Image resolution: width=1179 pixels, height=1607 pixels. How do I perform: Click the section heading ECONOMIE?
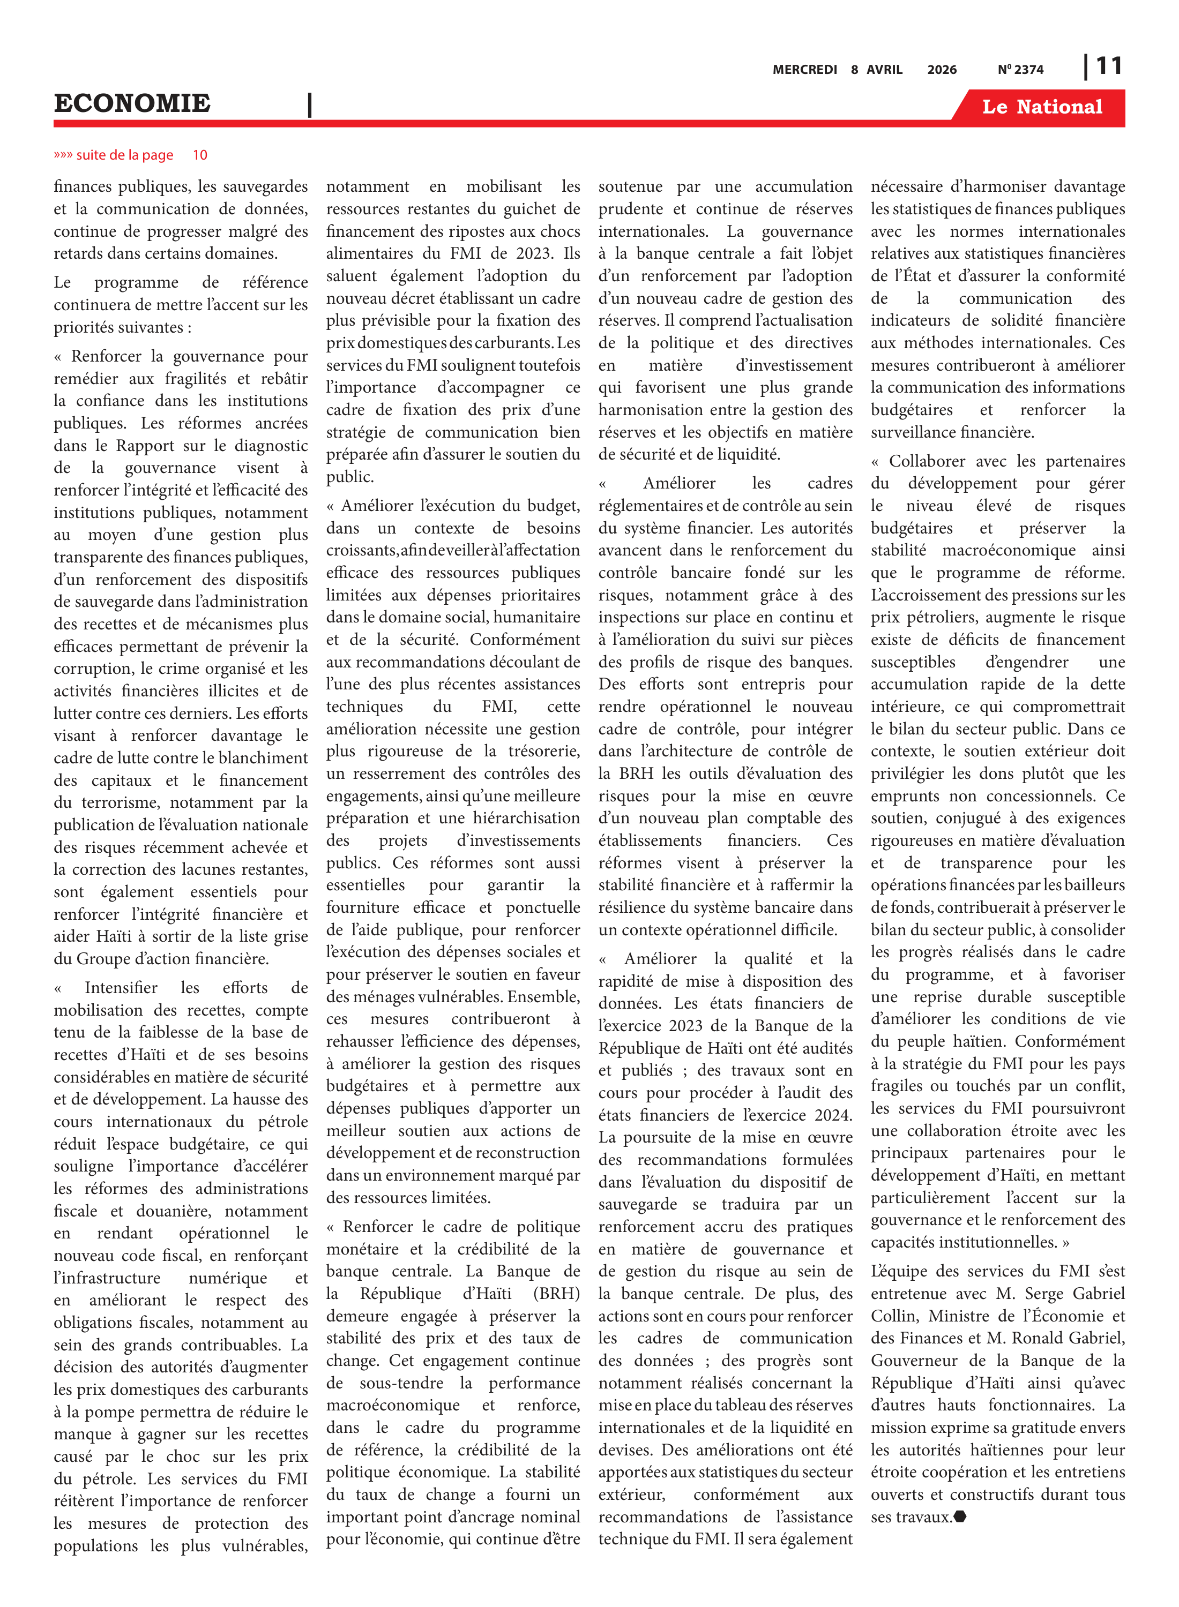132,103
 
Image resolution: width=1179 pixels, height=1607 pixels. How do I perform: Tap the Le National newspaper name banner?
1041,107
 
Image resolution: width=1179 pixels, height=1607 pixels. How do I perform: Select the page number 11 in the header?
1108,66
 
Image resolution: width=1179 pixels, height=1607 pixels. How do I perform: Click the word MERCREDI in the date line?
804,70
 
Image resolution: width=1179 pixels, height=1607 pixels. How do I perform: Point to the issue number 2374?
1028,70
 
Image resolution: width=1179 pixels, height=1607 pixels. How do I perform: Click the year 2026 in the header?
942,70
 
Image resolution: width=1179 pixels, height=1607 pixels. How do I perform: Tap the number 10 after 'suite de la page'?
200,155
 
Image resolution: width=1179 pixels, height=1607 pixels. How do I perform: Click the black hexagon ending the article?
960,1516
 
